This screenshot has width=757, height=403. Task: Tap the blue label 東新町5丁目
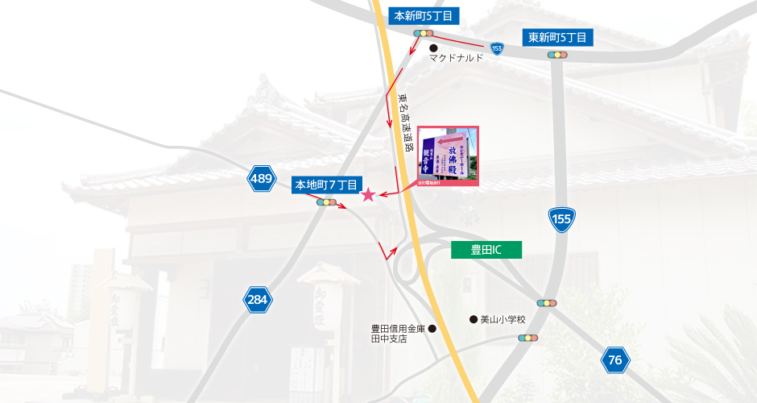coord(560,37)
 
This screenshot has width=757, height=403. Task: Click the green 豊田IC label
coord(486,250)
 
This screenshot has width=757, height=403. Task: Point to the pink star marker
coord(368,194)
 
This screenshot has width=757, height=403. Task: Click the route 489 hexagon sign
coord(261,180)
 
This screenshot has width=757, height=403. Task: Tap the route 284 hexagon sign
coord(257,301)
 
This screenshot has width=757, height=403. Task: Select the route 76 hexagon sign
coord(615,360)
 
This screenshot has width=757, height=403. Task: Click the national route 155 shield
coord(561,218)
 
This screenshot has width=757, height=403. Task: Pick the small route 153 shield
coord(497,49)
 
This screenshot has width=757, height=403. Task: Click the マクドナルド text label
coord(456,58)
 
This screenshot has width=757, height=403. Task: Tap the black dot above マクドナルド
coord(433,48)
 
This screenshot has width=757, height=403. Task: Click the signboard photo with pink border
coord(448,156)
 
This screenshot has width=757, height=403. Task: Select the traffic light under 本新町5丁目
coord(424,33)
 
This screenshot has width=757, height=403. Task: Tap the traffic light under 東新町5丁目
coord(557,55)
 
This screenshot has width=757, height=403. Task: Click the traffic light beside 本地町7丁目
coord(327,202)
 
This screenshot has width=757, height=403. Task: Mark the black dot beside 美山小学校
coord(473,319)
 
